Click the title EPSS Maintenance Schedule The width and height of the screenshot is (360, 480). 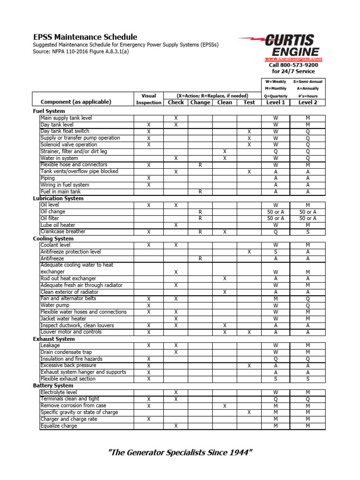coord(85,37)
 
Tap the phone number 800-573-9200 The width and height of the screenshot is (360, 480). coord(299,65)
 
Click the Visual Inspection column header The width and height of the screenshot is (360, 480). coord(149,99)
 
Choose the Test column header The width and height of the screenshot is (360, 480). coord(249,102)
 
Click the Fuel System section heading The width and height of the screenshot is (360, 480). coord(49,111)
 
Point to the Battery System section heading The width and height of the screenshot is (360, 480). coord(53,385)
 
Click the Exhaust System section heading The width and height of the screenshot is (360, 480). coord(53,338)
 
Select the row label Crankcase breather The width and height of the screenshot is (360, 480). coord(63,232)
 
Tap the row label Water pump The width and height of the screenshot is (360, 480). coord(55,305)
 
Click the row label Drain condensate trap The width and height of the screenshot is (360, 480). coord(66,352)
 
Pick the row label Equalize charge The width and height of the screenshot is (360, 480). coord(59,426)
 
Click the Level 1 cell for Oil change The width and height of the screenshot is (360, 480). coord(276,212)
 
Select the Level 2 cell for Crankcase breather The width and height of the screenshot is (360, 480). coord(307,232)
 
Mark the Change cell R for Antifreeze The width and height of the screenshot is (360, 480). coord(200,258)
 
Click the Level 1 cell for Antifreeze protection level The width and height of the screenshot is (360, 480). coord(276,252)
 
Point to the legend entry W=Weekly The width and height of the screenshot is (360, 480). coord(275,82)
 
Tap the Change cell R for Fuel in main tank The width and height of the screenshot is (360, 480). coord(200,192)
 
